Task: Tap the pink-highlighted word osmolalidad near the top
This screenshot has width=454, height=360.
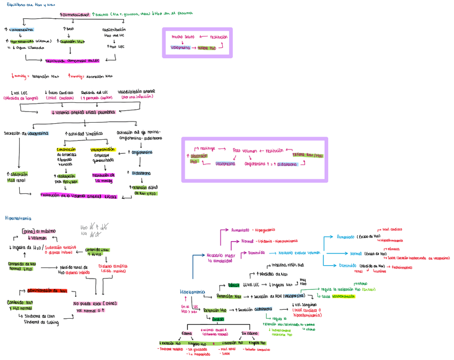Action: point(77,14)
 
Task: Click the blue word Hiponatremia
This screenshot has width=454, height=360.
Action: point(192,292)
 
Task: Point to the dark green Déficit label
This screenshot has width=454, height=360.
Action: point(233,285)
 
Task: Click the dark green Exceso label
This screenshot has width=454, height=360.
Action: point(218,319)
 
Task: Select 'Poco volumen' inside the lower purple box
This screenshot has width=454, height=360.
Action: point(245,151)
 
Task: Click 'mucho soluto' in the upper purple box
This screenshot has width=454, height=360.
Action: point(183,37)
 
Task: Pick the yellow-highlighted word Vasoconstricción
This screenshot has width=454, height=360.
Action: point(103,149)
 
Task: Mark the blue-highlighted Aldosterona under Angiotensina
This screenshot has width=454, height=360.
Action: point(142,174)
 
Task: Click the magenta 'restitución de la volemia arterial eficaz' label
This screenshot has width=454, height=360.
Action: point(78,197)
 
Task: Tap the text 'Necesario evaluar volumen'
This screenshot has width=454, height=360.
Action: point(299,252)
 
